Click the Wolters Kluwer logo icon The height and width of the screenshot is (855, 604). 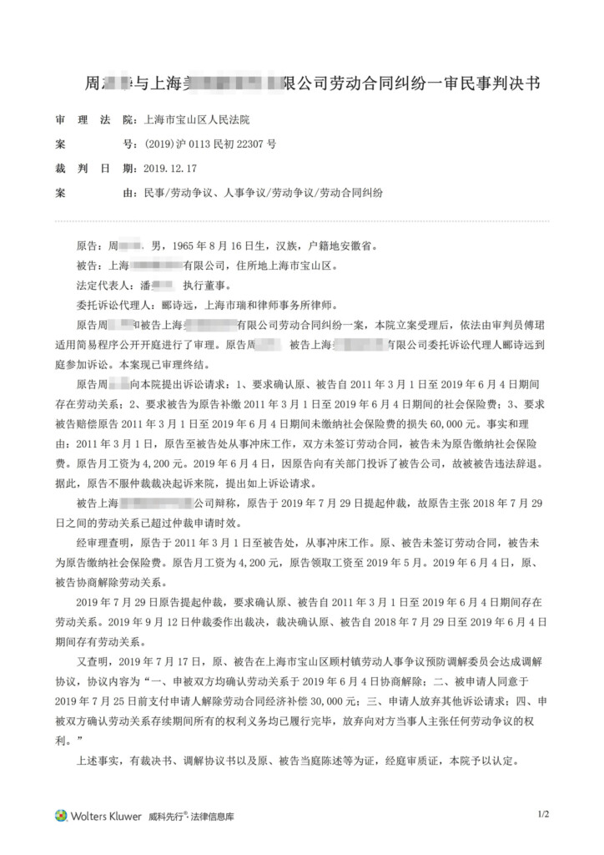61,816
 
